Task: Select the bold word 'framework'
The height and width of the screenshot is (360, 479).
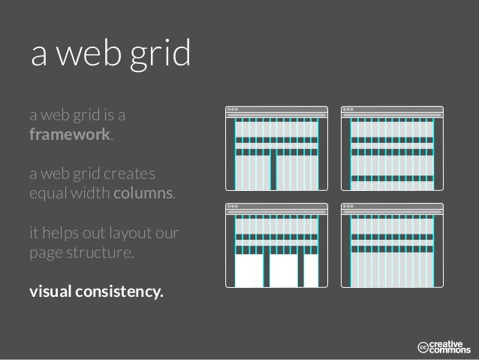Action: click(70, 136)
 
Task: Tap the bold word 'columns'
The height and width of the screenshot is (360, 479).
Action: click(143, 194)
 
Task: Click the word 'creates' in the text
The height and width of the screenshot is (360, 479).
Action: click(131, 175)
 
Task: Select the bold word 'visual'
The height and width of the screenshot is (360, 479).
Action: click(50, 290)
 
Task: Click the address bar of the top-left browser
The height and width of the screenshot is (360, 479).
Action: click(277, 115)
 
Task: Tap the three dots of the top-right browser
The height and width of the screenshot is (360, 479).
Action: click(348, 109)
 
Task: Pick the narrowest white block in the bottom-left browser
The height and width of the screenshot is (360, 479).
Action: click(311, 271)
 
